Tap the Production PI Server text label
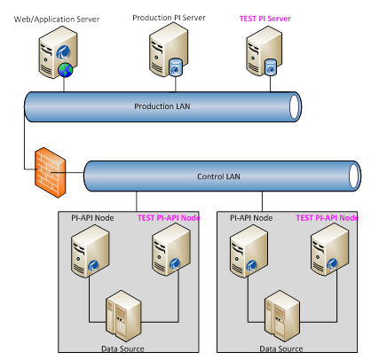pos(168,18)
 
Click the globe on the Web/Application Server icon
pos(65,70)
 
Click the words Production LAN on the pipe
pos(161,106)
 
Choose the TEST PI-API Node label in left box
pos(170,217)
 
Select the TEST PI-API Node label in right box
pos(327,217)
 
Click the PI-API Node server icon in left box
pos(86,251)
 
